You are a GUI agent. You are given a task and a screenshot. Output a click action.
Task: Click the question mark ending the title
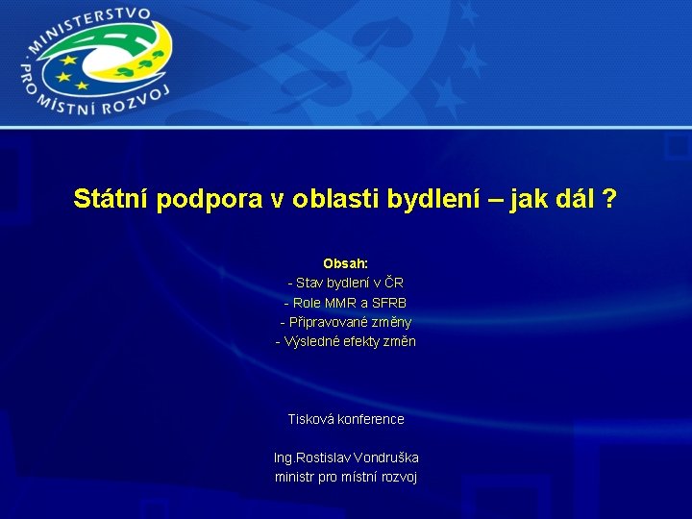(x=609, y=200)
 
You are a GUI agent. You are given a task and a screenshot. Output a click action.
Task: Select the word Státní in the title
(x=111, y=200)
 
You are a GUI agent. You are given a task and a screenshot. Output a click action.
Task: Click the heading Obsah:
(x=345, y=263)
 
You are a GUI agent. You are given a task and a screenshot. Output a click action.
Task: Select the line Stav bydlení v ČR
(x=346, y=283)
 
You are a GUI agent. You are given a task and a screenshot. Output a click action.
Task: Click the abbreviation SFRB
(x=389, y=303)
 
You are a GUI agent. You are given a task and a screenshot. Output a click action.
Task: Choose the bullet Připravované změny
(x=346, y=322)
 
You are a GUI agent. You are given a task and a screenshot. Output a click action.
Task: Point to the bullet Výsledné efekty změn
(x=346, y=341)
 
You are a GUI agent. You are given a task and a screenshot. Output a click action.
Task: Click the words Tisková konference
(x=346, y=419)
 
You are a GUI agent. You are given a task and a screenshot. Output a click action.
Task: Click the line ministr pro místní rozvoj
(x=346, y=477)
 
